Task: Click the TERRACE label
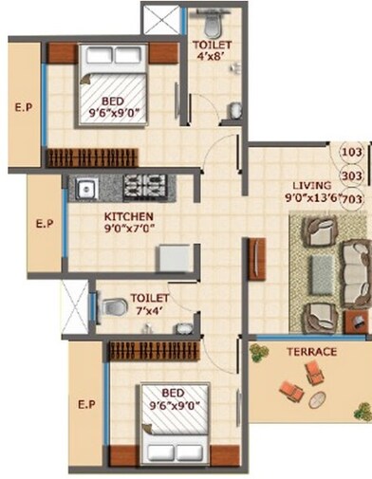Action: pos(311,352)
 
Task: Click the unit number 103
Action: pos(352,151)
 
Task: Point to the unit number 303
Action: pos(352,175)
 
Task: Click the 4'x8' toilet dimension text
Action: pos(209,55)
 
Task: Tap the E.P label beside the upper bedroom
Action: pos(24,107)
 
